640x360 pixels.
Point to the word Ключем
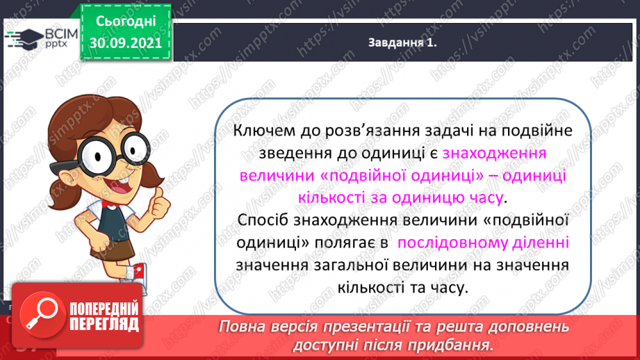[268, 131]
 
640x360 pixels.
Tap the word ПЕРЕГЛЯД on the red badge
[104, 325]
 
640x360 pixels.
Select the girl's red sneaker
[139, 272]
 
